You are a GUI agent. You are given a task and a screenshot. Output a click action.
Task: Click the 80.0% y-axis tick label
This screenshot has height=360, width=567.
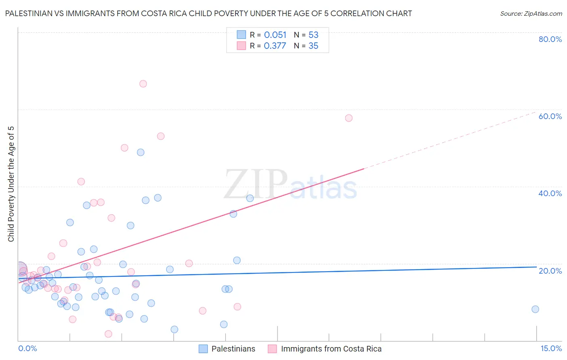point(550,39)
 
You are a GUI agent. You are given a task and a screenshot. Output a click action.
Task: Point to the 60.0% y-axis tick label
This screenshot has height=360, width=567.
point(550,116)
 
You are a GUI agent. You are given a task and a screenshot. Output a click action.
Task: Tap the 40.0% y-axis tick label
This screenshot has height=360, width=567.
point(550,193)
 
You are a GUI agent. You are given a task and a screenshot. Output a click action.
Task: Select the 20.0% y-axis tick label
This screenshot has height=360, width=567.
point(550,271)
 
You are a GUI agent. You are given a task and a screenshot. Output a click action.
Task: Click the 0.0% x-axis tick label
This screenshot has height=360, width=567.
point(27,349)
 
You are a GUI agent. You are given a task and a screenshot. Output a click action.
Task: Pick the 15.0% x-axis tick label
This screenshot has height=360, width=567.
point(551,349)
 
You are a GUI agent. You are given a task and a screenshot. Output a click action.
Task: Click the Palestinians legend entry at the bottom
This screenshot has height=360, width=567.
point(233,349)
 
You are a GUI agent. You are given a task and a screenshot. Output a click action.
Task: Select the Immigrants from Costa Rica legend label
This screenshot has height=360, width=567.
point(331,349)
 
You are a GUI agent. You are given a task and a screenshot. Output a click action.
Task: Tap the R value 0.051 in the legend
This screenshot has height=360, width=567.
point(275,35)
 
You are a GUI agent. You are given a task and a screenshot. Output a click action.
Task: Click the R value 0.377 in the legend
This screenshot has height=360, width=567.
point(275,46)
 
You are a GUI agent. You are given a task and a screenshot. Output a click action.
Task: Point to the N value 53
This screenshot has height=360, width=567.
point(313,35)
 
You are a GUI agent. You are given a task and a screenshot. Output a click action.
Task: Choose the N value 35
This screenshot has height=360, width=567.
point(313,46)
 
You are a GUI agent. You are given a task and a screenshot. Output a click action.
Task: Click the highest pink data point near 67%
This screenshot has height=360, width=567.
point(143,84)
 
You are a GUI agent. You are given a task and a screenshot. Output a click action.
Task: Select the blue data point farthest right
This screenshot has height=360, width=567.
point(535,309)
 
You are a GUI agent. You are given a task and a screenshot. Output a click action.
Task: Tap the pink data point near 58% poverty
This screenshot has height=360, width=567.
point(349,118)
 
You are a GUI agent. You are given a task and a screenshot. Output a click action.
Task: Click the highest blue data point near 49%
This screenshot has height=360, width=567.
point(140,153)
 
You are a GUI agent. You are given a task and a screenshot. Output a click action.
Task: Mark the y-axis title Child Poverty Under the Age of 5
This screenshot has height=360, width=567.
point(11,184)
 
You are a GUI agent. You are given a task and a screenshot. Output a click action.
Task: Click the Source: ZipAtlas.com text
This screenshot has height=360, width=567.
point(531,14)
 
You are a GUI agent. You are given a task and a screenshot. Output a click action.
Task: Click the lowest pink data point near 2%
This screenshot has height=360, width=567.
point(108,334)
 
